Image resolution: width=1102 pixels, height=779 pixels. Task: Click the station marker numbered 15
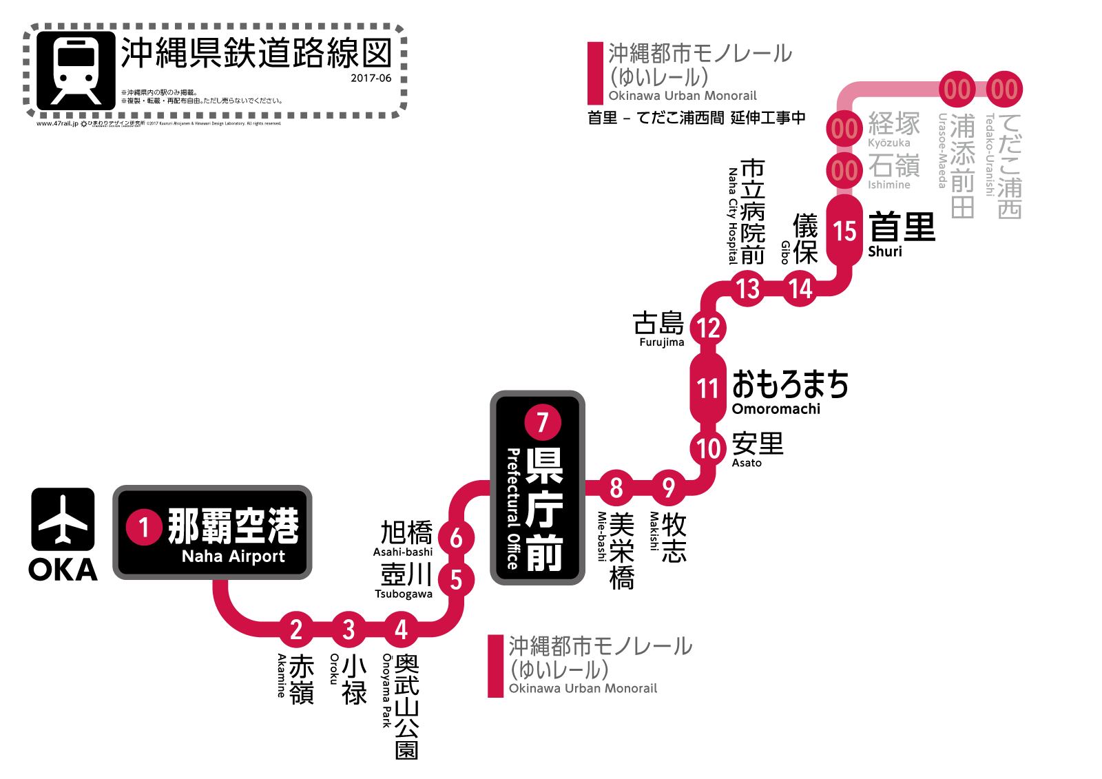point(844,231)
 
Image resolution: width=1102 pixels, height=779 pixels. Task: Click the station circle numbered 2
point(296,629)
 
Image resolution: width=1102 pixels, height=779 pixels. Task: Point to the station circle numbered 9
point(668,488)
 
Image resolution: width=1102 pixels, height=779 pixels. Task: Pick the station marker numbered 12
point(709,328)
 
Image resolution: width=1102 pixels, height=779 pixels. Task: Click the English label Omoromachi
point(776,408)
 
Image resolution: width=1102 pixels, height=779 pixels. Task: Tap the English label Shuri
point(884,251)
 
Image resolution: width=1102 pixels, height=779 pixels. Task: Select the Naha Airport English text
point(233,557)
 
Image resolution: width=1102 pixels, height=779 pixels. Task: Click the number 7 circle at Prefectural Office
point(543,422)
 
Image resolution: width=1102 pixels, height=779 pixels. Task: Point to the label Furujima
point(661,342)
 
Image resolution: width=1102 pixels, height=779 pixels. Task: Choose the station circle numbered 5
point(456,580)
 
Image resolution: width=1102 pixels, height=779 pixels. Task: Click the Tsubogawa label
point(404,594)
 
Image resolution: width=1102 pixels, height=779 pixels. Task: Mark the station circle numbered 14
point(801,288)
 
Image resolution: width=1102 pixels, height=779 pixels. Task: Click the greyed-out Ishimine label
point(889,185)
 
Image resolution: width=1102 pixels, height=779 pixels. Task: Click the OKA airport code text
point(63,570)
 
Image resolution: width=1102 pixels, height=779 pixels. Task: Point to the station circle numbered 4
point(401,629)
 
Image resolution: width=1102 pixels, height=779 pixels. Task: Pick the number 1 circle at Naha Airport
point(144,528)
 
